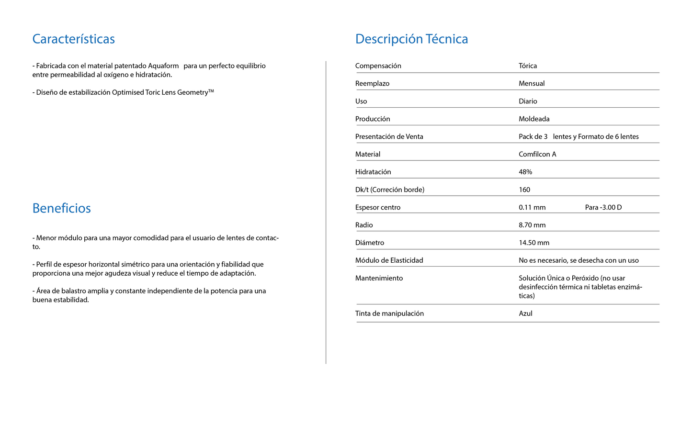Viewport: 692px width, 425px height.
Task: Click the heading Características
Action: tap(73, 39)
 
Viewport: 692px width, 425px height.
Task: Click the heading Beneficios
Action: tap(61, 208)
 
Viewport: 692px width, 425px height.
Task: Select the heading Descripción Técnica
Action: tap(411, 39)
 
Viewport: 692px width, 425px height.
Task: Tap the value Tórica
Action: tap(527, 66)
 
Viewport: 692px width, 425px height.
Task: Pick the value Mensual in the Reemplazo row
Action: tap(532, 84)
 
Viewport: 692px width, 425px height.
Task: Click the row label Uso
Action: tap(361, 101)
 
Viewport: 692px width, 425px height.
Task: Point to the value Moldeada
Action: tap(534, 119)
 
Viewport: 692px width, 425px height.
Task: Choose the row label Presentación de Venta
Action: tap(389, 137)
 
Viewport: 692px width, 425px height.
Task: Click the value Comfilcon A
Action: tap(537, 155)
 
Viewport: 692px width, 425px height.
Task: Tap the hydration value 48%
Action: tap(525, 172)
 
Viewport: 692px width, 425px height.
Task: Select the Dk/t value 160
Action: tap(524, 190)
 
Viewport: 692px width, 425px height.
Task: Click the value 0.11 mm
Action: tap(532, 208)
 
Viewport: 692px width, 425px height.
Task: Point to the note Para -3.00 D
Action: tap(603, 208)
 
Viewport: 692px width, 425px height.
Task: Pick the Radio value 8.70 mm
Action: tap(532, 225)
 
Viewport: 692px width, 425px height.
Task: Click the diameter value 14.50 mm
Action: tap(534, 243)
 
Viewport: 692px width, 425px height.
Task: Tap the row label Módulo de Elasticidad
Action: tap(389, 261)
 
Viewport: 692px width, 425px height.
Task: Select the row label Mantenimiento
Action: tap(379, 279)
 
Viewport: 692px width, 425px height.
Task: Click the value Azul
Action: tap(525, 314)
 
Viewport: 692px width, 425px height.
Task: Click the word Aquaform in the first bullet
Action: tap(163, 66)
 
